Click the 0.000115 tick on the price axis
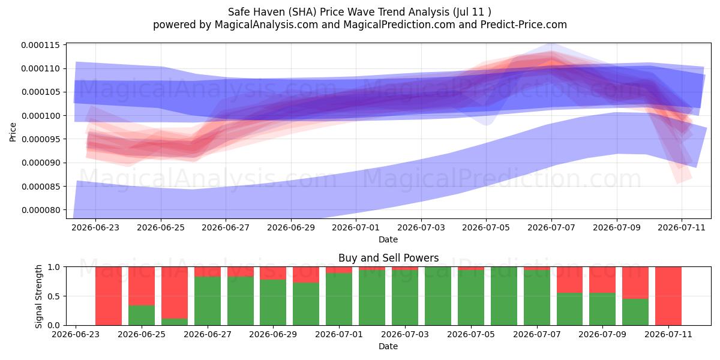41,45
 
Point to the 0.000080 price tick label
41,210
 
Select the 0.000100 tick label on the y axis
41,116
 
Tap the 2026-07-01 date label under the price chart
356,227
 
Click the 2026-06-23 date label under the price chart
95,227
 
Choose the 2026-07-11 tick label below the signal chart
668,334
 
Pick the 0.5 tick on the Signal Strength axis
53,296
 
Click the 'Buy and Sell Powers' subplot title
388,258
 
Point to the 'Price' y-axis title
13,132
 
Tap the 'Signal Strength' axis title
38,296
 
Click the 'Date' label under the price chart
388,239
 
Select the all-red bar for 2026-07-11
668,296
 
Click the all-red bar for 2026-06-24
109,296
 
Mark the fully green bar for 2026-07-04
438,296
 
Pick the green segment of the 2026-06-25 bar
142,316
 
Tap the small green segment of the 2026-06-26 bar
175,322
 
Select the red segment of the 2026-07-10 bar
635,283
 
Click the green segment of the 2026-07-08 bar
569,309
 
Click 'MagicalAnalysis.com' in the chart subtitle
266,25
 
